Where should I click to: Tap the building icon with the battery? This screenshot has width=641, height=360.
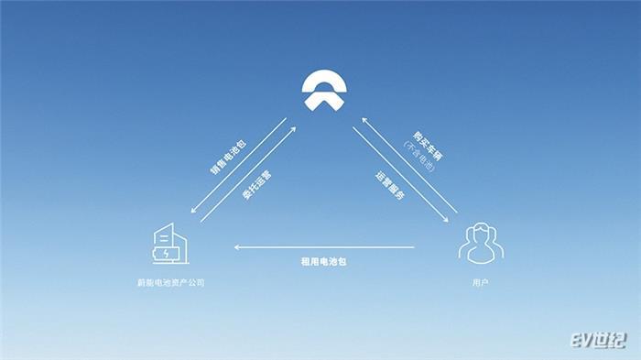[x=168, y=244]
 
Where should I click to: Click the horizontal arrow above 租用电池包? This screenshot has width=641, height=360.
[x=325, y=246]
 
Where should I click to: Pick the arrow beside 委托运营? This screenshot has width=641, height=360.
[x=246, y=173]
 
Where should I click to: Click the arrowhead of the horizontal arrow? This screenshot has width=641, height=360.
[x=237, y=246]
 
